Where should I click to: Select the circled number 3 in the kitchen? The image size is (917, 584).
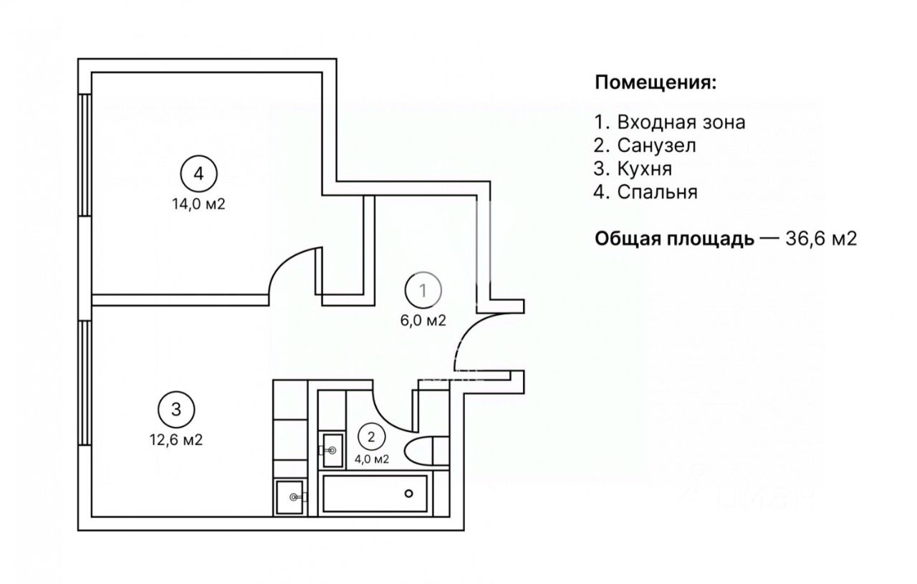tap(176, 409)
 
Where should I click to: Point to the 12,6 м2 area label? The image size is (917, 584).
tap(173, 440)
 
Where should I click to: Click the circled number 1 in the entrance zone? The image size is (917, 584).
tap(423, 290)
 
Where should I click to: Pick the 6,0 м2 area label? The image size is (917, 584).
tap(423, 321)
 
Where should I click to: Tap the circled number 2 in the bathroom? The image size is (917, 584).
tap(370, 435)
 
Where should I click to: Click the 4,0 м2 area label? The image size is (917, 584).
tap(372, 459)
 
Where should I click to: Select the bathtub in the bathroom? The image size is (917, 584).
tap(376, 493)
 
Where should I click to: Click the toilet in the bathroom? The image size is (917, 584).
tap(421, 451)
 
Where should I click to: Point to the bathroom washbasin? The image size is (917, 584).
tap(331, 449)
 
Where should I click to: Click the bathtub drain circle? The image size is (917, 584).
tap(409, 493)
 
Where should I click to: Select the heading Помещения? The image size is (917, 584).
tap(656, 82)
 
